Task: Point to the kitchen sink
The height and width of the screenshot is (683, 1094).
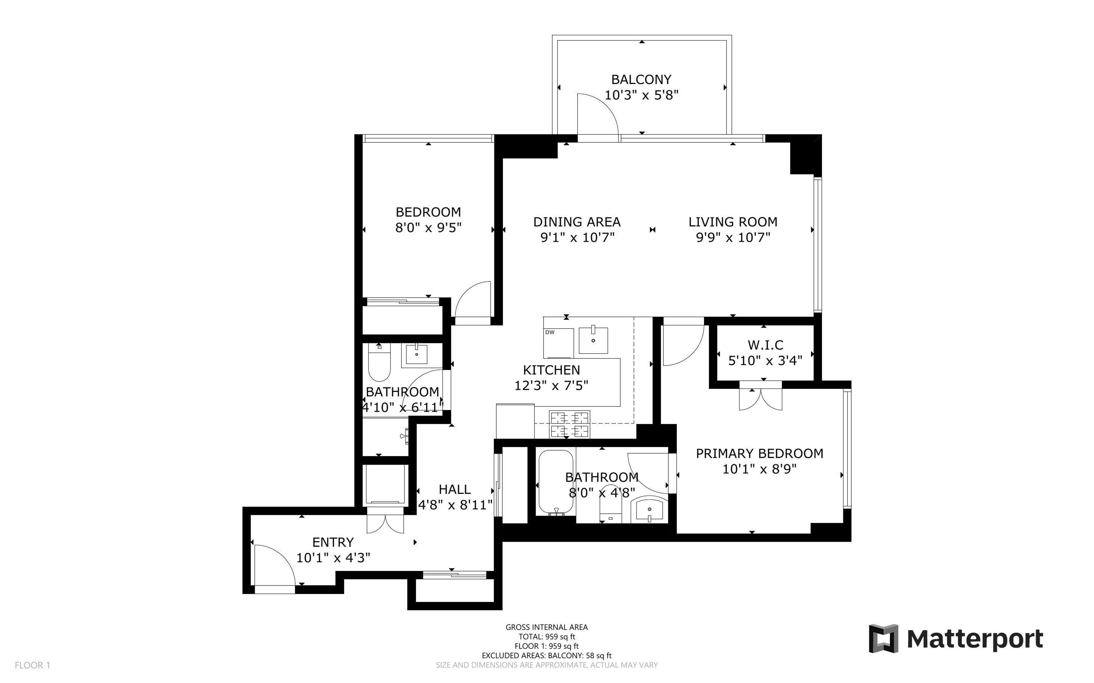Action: pyautogui.click(x=593, y=341)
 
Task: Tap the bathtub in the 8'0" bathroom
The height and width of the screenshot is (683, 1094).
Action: pyautogui.click(x=555, y=481)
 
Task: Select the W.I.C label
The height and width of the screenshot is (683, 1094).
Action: pyautogui.click(x=765, y=345)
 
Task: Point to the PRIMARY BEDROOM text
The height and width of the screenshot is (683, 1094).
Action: pyautogui.click(x=759, y=454)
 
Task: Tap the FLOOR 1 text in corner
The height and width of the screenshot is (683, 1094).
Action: pyautogui.click(x=32, y=665)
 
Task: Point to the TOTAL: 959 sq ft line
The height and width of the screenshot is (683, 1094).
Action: pyautogui.click(x=546, y=637)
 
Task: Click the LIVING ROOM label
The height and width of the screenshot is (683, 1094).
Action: pyautogui.click(x=732, y=222)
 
